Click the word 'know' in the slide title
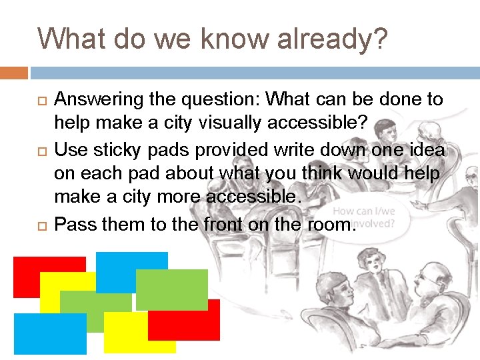226,38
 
